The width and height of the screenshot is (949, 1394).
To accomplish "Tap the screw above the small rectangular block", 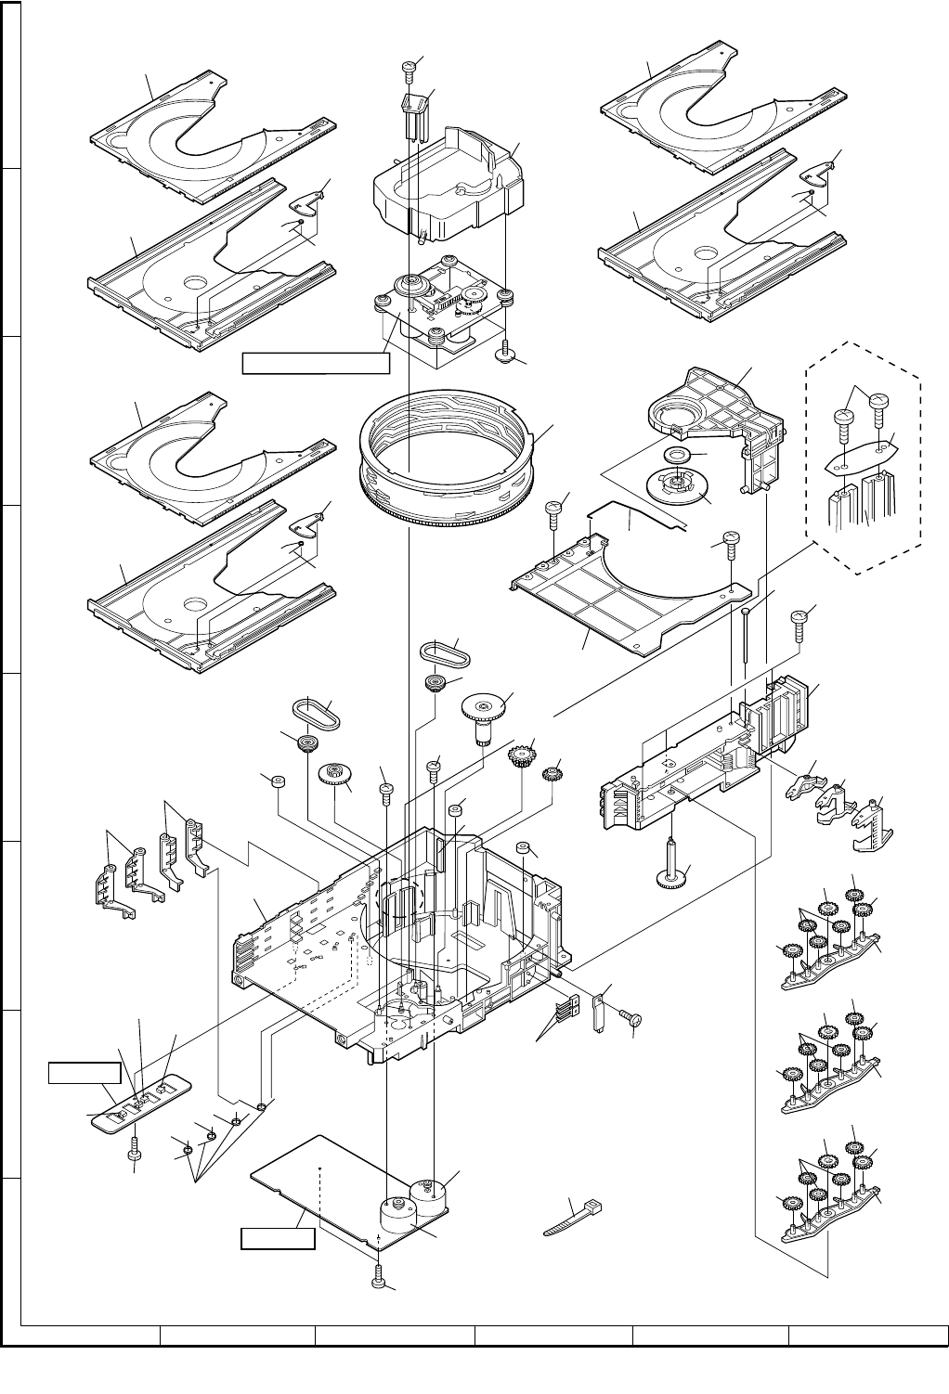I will coord(408,67).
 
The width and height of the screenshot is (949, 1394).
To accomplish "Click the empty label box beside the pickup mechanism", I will coord(315,363).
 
